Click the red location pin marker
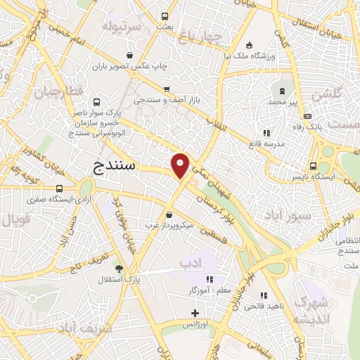coord(181,165)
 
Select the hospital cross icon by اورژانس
coord(195,313)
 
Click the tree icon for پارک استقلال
coord(119,269)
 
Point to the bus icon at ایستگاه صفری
coord(60,188)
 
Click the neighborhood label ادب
coord(187,262)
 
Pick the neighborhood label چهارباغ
coord(200,34)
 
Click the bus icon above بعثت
coord(165,16)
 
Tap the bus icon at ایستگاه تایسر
coord(313,167)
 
